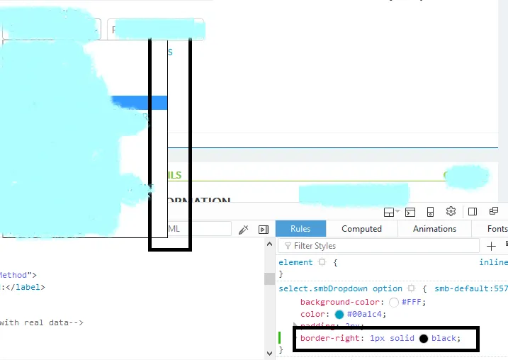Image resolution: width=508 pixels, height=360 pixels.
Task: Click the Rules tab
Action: coord(300,229)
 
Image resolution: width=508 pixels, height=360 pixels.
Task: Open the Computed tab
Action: coord(361,229)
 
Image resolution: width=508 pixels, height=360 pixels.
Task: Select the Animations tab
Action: coord(434,229)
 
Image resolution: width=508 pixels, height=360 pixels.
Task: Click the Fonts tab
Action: coord(497,229)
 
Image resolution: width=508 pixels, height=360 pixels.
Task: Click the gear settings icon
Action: coord(451,212)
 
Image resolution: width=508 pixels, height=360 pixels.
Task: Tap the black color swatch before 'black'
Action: coord(424,339)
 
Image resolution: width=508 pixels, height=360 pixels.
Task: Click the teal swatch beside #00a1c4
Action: coord(339,314)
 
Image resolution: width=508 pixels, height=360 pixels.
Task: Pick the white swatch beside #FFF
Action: coord(394,302)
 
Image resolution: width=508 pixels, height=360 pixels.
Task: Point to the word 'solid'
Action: coord(401,339)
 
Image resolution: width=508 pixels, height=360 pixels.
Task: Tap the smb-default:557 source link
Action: coord(470,288)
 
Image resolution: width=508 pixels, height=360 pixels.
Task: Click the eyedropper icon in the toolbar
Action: coord(243,229)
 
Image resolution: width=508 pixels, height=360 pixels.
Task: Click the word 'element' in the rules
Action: coord(295,262)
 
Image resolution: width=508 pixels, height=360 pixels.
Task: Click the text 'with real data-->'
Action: coord(42,322)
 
